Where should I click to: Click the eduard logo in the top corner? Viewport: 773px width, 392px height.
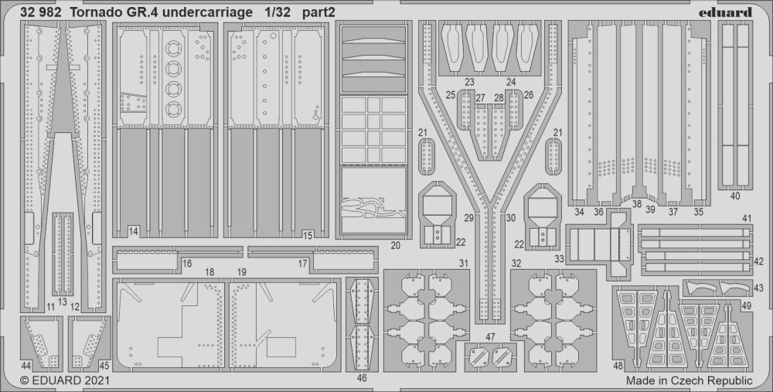(x=725, y=12)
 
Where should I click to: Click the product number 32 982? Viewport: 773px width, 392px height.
(x=41, y=13)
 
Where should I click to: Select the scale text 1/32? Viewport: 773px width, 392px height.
(x=273, y=13)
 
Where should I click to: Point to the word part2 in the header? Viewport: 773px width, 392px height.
(x=319, y=13)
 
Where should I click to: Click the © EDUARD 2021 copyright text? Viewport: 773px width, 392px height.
(x=65, y=380)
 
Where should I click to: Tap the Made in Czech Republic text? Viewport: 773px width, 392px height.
(x=690, y=380)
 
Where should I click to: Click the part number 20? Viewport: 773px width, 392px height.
(x=395, y=245)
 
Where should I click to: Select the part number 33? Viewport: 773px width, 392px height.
(x=559, y=258)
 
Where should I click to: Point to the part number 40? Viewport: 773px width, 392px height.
(x=735, y=196)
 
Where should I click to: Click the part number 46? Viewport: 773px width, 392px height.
(x=363, y=378)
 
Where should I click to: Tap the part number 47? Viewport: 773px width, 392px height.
(x=490, y=337)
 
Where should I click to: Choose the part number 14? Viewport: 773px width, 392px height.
(x=133, y=230)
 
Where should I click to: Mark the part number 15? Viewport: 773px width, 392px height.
(x=308, y=236)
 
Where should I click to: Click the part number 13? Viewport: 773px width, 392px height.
(x=62, y=302)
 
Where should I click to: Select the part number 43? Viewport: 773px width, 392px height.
(x=758, y=288)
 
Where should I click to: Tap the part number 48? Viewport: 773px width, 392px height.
(x=618, y=366)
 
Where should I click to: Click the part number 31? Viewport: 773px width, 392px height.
(x=463, y=264)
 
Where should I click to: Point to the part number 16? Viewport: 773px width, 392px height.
(x=187, y=264)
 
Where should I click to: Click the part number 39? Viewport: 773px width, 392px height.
(x=650, y=210)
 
